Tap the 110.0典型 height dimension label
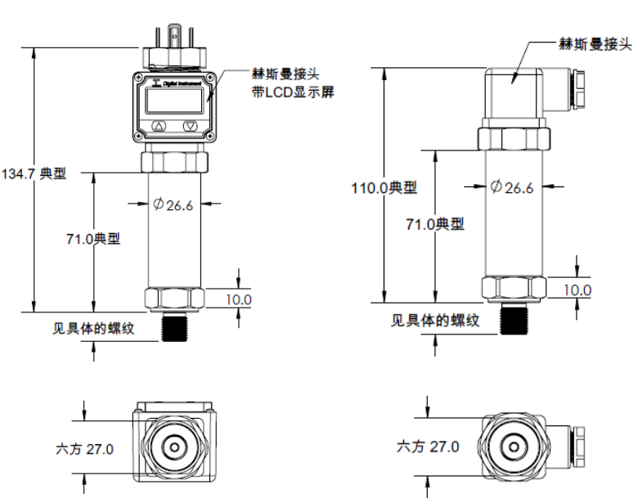point(384,188)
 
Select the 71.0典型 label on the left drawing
point(93,239)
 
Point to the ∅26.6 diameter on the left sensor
point(173,205)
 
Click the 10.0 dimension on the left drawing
point(239,299)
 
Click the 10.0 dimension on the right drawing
point(577,290)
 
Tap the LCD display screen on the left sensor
point(174,101)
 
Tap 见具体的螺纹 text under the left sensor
point(93,329)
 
